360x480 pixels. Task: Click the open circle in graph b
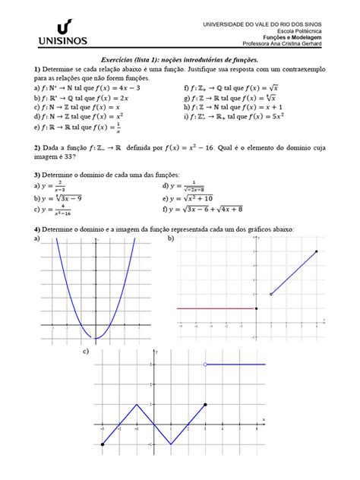pyautogui.click(x=271, y=294)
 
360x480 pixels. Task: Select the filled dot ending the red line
pyautogui.click(x=257, y=308)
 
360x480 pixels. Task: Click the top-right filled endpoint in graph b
pyautogui.click(x=316, y=251)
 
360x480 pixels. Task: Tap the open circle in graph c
pyautogui.click(x=205, y=365)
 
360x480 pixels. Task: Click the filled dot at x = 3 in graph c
pyautogui.click(x=205, y=405)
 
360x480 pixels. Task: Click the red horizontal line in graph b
pyautogui.click(x=216, y=308)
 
